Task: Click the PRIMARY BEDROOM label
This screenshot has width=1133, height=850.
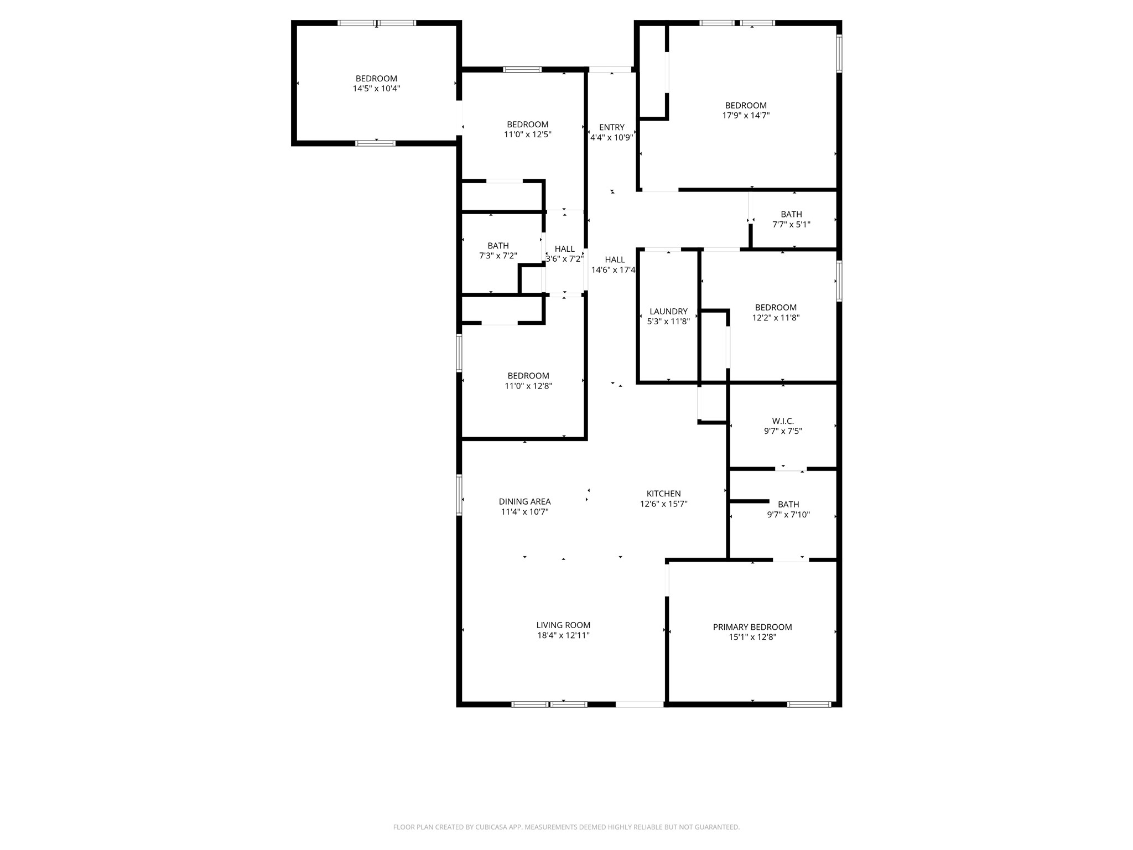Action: point(752,627)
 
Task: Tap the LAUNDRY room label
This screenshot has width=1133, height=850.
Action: point(668,312)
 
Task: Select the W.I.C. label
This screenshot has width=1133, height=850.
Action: point(783,421)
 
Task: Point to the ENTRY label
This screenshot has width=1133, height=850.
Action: point(611,127)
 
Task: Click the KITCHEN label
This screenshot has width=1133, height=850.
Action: point(663,494)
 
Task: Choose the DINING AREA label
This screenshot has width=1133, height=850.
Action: point(524,502)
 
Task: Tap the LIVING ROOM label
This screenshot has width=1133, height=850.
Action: point(563,625)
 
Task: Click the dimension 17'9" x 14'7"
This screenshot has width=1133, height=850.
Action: point(746,116)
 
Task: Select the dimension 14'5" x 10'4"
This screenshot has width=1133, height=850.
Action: point(376,89)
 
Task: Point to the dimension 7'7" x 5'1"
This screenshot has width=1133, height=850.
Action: point(791,225)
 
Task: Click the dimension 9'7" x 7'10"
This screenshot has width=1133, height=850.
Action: point(788,515)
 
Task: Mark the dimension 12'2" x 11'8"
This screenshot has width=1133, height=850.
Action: point(776,318)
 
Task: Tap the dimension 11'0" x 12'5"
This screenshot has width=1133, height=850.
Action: point(528,134)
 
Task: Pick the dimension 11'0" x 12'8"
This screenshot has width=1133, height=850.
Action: point(528,386)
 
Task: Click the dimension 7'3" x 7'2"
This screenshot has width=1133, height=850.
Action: point(498,256)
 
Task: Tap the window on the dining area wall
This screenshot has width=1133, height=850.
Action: point(459,495)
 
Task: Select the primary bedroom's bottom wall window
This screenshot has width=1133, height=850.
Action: point(809,704)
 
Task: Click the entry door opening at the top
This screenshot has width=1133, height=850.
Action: point(610,70)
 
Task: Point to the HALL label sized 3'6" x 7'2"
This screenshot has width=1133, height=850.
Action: point(564,249)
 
